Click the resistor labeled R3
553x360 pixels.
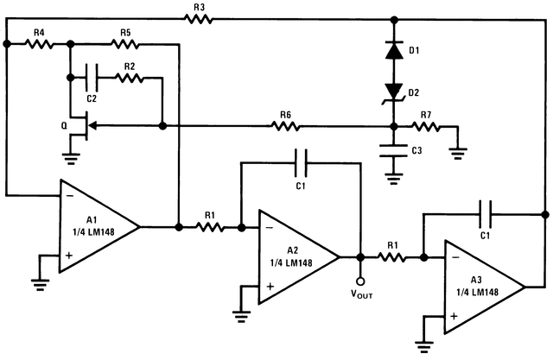click(199, 18)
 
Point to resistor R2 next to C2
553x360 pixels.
click(129, 79)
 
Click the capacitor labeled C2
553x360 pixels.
click(91, 79)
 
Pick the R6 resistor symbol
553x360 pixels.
click(285, 126)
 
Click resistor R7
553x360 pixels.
click(425, 126)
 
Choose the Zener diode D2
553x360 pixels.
click(394, 91)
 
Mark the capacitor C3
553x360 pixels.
click(394, 151)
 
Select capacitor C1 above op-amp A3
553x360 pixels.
click(484, 211)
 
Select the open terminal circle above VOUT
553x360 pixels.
click(359, 279)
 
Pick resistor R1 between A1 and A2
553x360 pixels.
click(209, 228)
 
